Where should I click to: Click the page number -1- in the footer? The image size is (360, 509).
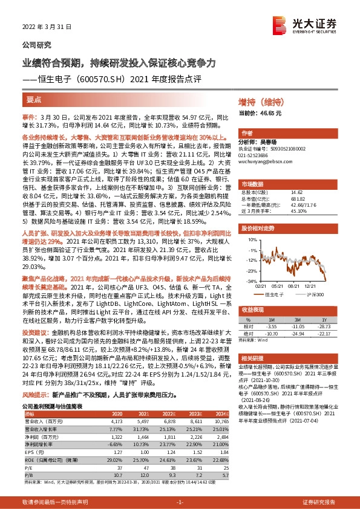pyautogui.click(x=179, y=502)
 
